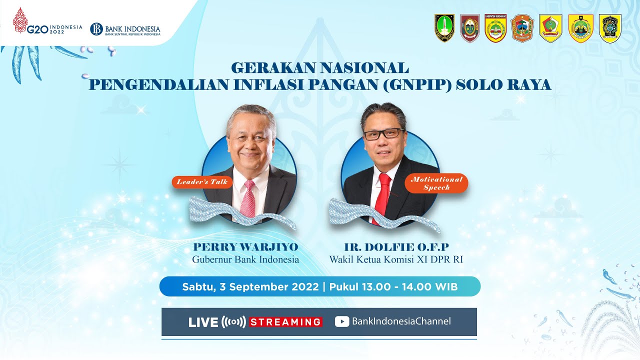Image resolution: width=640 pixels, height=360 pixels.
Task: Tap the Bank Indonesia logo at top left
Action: [x=125, y=29]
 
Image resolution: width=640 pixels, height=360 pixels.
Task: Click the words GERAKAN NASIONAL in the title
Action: [x=320, y=67]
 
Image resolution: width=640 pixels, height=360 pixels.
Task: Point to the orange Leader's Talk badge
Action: [x=202, y=182]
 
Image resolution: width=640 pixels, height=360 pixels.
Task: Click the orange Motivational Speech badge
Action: [x=436, y=183]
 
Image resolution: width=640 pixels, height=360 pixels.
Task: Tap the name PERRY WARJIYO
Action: [x=245, y=247]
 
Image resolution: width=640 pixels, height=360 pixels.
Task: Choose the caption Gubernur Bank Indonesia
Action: [x=245, y=259]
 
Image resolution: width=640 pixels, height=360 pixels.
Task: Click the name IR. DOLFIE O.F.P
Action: [x=396, y=247]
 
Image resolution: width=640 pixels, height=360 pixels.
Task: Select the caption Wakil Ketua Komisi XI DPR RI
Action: [x=396, y=259]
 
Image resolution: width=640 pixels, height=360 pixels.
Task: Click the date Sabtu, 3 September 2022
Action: [x=250, y=287]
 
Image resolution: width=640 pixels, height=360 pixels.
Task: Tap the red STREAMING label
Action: [x=286, y=322]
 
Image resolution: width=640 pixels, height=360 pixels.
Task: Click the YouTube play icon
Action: [x=342, y=321]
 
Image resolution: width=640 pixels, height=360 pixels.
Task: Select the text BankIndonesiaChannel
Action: [x=401, y=321]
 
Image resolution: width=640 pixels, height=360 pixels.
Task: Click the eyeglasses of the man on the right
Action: [x=383, y=134]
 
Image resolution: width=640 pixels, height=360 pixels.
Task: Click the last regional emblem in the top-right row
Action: [x=609, y=28]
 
